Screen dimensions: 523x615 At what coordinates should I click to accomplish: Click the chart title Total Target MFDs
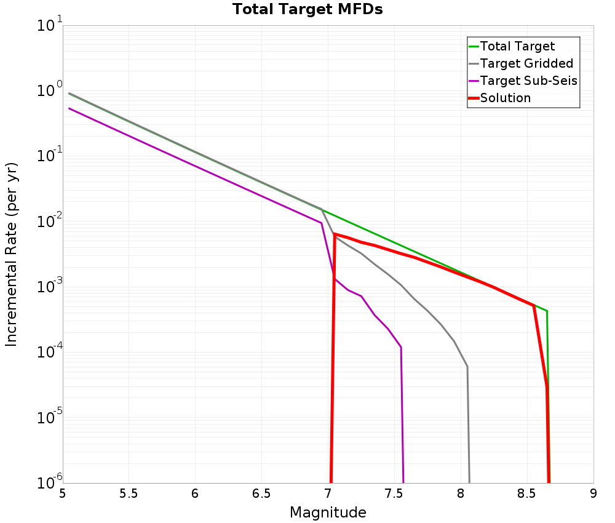307,10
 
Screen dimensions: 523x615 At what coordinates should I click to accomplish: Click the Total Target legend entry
517,46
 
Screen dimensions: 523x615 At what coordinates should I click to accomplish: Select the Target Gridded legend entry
526,63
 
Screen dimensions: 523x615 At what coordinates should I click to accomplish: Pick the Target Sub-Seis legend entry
528,81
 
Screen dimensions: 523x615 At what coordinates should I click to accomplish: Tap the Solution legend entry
505,98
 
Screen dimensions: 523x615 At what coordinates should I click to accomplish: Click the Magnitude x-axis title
328,513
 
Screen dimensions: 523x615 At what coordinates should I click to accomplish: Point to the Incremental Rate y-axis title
12,254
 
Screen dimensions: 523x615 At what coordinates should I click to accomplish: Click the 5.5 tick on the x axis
129,493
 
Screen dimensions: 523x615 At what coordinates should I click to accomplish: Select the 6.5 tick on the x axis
261,493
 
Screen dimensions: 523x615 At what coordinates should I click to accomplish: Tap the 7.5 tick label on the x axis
394,493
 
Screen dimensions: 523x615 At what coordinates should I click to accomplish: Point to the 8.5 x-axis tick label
527,493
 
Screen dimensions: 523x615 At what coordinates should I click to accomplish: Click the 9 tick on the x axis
593,493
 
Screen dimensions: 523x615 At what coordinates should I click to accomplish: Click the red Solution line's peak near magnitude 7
334,234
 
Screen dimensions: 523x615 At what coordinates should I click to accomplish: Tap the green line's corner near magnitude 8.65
547,311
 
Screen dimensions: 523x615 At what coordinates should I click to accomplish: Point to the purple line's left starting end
69,108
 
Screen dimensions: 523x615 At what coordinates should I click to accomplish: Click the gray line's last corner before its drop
467,367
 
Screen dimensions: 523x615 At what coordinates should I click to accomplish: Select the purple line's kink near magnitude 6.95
321,223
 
